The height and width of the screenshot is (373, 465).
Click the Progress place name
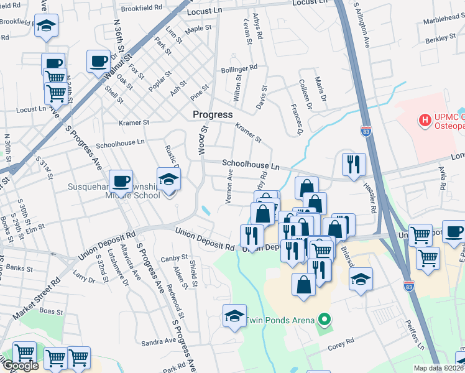[213, 114]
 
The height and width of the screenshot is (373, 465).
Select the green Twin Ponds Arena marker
[323, 321]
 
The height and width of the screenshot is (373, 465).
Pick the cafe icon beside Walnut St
[98, 61]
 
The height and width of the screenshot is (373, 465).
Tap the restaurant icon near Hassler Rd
[353, 164]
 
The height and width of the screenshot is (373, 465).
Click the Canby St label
[174, 257]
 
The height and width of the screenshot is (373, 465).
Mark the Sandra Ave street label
[159, 342]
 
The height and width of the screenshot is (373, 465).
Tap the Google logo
[21, 366]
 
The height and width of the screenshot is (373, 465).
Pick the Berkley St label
[441, 39]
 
